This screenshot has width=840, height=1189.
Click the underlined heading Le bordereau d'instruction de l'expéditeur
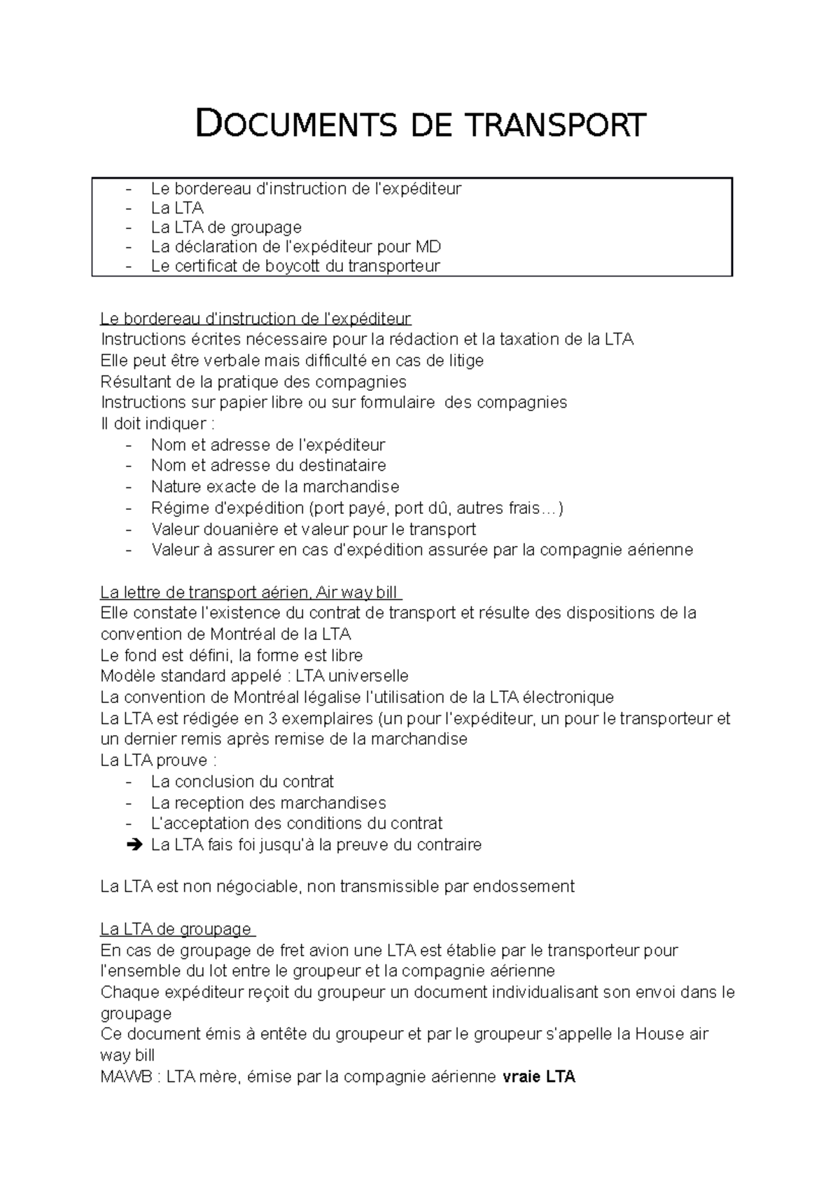coord(255,319)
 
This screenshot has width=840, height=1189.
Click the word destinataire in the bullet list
coord(342,466)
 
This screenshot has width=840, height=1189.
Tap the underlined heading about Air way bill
coord(251,592)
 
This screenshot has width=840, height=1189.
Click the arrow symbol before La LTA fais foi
coord(134,845)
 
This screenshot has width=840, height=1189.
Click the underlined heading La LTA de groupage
coord(178,930)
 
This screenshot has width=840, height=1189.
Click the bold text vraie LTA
coord(539,1077)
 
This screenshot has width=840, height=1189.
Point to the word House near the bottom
coord(659,1034)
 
